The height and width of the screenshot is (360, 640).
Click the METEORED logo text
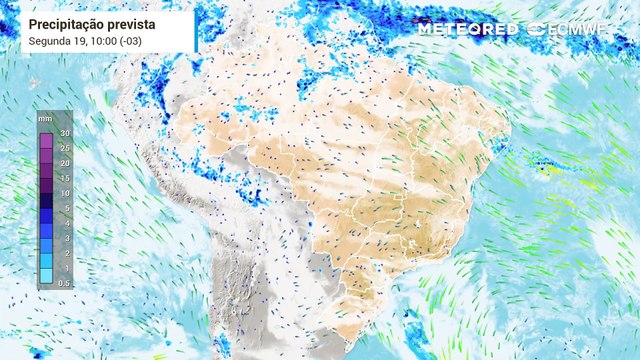467,29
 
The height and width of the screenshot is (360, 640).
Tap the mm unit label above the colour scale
46,118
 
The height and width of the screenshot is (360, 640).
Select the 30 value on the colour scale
65,133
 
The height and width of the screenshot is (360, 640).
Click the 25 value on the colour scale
65,148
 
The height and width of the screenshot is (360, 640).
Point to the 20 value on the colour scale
65,163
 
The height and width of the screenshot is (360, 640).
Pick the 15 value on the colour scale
65,178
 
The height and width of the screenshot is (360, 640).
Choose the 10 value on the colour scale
65,193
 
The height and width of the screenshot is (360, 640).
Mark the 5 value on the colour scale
66,208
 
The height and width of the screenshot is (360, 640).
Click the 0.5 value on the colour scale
65,284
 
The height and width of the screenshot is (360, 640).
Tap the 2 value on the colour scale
66,254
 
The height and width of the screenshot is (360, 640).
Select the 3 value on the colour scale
66,239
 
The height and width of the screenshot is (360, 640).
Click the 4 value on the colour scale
66,224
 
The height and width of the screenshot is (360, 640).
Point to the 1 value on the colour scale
66,269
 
